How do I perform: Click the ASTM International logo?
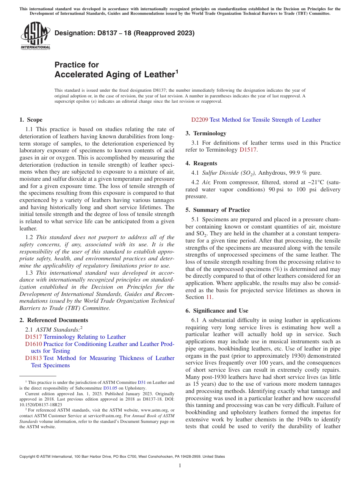(35, 36)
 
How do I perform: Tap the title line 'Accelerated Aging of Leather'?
(114, 75)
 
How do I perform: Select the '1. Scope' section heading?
(31, 120)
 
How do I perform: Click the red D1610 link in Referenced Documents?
(34, 344)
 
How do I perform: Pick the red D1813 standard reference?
(34, 358)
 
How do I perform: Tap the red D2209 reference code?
(200, 120)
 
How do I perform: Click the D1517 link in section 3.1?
(248, 150)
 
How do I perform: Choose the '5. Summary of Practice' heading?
(218, 210)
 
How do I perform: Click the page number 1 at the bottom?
(180, 466)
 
